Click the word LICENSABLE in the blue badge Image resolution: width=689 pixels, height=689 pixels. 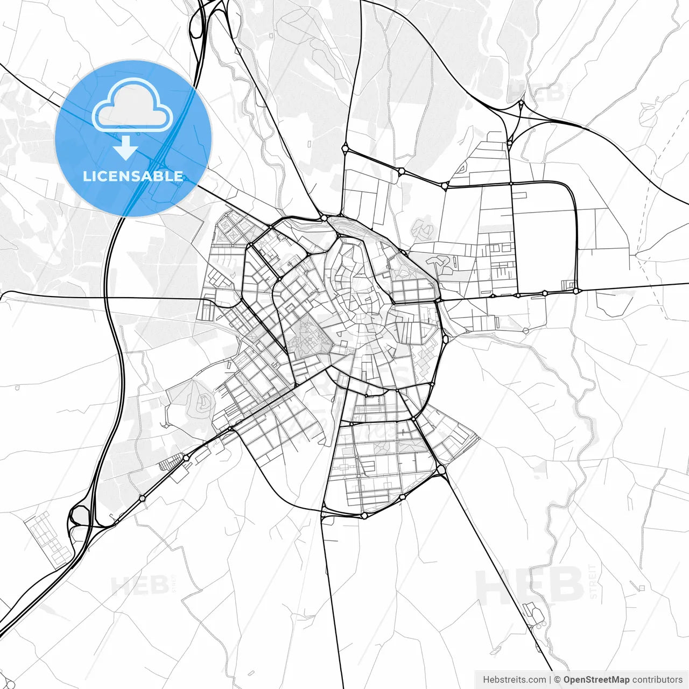133,176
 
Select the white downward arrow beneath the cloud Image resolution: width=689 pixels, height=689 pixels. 125,148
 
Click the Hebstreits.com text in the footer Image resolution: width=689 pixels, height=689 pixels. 514,680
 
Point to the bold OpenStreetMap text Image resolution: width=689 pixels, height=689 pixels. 596,680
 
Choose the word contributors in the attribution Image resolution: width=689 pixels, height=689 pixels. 657,680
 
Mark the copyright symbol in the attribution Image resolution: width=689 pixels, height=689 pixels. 557,680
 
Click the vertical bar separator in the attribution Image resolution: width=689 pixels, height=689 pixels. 550,680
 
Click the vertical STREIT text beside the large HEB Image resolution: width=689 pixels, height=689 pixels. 593,581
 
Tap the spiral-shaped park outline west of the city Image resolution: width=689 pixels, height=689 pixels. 204,402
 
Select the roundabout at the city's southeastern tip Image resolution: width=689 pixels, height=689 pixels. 441,470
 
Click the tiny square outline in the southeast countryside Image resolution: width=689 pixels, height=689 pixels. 642,588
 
